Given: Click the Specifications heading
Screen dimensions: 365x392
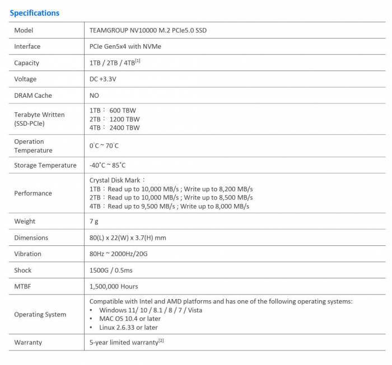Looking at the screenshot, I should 35,13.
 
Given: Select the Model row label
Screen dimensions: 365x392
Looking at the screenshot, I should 24,30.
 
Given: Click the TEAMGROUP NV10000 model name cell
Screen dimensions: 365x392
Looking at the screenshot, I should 148,30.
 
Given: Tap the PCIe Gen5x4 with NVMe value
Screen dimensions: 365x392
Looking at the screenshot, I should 125,46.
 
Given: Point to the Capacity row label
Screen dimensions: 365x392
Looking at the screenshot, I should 27,63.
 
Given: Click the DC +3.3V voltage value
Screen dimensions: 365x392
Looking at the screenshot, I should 103,79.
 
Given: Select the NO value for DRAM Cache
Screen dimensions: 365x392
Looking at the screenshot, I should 94,96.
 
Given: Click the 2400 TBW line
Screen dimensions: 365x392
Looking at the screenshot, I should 115,127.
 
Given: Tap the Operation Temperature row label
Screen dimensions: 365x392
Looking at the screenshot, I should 33,146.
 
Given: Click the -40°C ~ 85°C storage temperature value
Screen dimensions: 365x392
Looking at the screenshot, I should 108,165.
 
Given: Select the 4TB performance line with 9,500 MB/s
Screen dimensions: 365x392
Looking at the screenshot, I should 169,206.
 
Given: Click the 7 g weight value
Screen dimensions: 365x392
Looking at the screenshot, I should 94,221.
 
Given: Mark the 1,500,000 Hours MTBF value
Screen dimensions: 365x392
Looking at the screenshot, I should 114,286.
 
